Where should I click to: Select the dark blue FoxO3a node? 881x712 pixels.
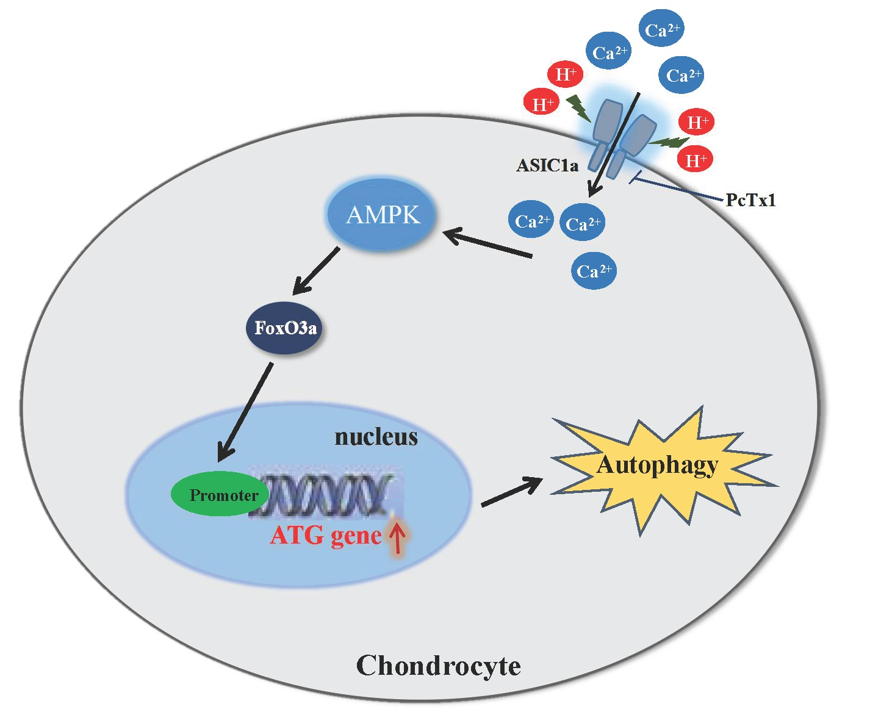[284, 328]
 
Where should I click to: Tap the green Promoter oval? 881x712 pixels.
[220, 494]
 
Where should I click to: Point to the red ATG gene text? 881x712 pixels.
[325, 536]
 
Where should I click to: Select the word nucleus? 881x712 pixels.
[376, 437]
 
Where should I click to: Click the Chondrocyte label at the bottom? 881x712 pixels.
[438, 666]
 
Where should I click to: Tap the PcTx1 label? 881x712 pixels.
[750, 200]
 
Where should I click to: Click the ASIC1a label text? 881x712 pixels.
[547, 165]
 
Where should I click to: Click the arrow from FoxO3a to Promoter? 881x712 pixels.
[245, 412]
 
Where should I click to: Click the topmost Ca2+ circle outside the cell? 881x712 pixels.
[661, 29]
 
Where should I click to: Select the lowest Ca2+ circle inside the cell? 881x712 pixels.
[594, 271]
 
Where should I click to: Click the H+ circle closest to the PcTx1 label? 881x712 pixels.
[695, 160]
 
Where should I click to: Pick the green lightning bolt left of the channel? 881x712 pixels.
[578, 109]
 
